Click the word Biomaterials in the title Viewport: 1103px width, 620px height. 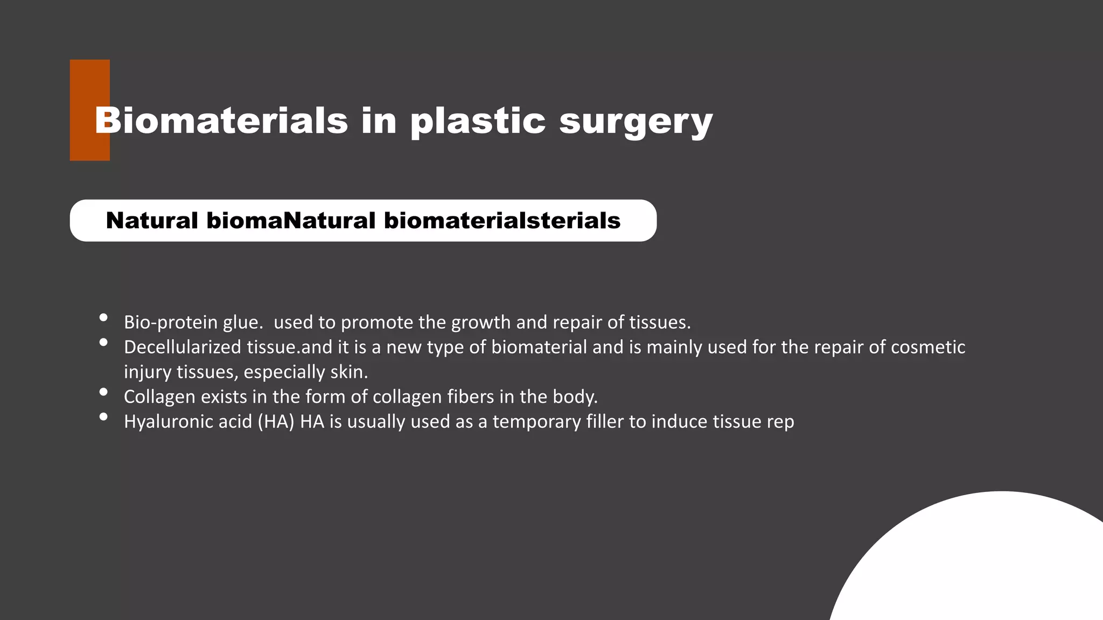click(x=221, y=120)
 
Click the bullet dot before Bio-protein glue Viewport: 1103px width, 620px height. click(x=103, y=318)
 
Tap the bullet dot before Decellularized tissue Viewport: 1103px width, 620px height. click(x=103, y=342)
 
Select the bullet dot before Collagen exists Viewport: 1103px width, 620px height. click(x=103, y=392)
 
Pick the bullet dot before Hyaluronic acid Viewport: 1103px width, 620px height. click(x=103, y=417)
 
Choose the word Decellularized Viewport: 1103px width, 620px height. click(x=183, y=347)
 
